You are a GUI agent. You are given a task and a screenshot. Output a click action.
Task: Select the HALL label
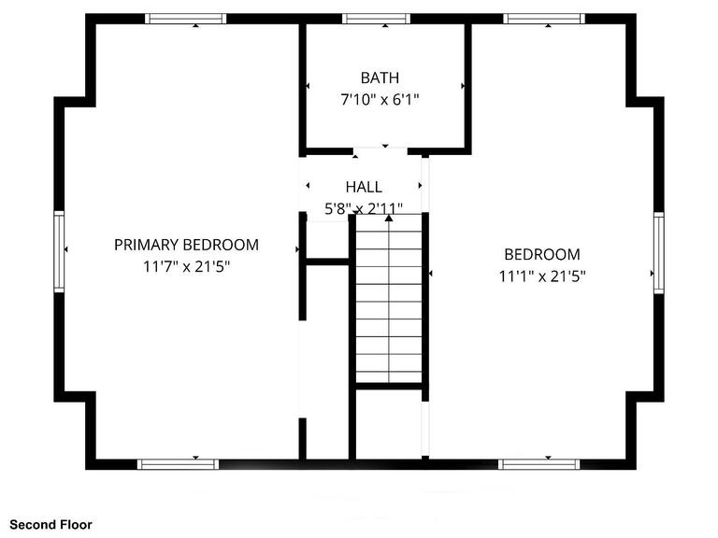coord(363,187)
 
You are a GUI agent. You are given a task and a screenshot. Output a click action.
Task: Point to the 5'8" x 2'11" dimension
coord(363,208)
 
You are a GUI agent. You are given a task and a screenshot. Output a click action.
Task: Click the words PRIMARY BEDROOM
coord(186,245)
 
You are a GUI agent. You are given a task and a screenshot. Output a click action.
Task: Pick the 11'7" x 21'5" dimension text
coord(186,266)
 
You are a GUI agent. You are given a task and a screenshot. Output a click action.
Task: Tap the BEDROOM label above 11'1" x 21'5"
coord(541,254)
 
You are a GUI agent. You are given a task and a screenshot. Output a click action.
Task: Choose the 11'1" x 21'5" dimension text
coord(541,276)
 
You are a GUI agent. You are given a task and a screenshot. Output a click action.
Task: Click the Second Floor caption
coord(51,525)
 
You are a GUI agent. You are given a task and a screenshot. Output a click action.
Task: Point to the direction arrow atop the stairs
coord(389,218)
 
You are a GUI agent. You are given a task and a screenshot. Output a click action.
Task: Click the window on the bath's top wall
coord(376,19)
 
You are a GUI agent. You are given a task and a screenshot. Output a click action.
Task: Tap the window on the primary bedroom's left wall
coord(59,252)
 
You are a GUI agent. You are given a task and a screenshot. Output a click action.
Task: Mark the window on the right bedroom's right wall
coord(658,252)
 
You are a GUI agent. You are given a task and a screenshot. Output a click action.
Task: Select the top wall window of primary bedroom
coord(185,19)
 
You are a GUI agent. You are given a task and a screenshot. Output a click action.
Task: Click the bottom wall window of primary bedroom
coord(178,463)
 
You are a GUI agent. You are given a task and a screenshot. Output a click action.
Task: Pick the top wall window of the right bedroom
coord(543,19)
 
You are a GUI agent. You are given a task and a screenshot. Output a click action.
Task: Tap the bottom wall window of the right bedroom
coord(538,463)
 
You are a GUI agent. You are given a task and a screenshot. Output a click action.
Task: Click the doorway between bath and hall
coord(381,151)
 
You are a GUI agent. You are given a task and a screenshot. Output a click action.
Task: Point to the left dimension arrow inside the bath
coord(309,86)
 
